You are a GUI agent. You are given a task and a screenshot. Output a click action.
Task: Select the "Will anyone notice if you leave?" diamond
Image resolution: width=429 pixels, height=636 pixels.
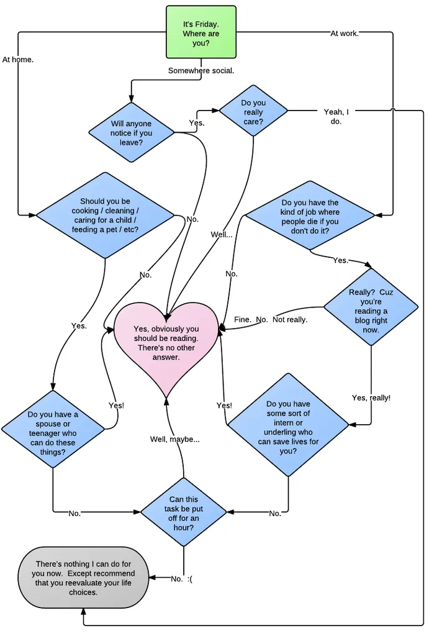point(131,133)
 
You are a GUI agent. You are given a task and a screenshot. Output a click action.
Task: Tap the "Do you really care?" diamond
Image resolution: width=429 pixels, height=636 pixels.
point(253,112)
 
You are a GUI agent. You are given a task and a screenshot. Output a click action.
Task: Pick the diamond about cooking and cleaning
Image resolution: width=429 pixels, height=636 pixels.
point(105,216)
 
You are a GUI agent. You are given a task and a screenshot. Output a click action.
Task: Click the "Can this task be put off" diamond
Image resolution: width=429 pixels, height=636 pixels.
point(184,512)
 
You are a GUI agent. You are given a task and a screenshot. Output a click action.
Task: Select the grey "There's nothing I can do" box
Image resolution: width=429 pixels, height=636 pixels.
point(83,578)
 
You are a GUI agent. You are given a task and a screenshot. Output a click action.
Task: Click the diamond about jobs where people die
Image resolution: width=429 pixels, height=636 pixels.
point(310,216)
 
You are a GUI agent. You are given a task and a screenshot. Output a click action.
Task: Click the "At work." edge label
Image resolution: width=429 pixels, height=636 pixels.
point(345,34)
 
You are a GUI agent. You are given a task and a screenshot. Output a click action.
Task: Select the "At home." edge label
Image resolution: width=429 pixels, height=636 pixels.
point(17,60)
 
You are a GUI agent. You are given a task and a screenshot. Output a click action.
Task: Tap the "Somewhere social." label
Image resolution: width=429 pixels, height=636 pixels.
point(201,71)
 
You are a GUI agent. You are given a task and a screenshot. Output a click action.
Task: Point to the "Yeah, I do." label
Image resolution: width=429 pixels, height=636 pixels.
point(336,117)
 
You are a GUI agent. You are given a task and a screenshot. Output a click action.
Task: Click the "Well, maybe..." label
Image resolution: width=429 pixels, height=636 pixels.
point(174,440)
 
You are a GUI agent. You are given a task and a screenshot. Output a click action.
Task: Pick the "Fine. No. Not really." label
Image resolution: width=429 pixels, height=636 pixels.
point(271,320)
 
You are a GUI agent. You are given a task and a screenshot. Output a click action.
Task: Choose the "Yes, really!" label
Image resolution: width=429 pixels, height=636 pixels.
point(371,397)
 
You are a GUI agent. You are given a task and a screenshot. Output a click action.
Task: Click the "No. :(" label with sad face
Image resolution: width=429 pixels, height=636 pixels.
point(181,579)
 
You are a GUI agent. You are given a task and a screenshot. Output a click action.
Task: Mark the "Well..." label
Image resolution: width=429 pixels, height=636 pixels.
point(222,235)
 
